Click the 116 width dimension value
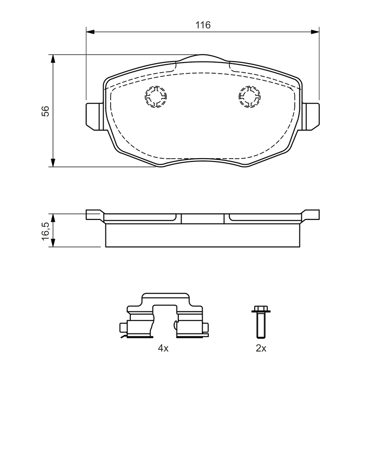[x=203, y=25]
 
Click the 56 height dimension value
[x=46, y=111]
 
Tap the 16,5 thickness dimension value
[x=46, y=231]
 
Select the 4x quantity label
[x=163, y=348]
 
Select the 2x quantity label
[x=261, y=348]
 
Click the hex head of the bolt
[x=261, y=310]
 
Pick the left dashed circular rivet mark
[x=156, y=97]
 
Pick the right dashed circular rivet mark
[x=250, y=97]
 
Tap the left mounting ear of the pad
[x=96, y=116]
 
